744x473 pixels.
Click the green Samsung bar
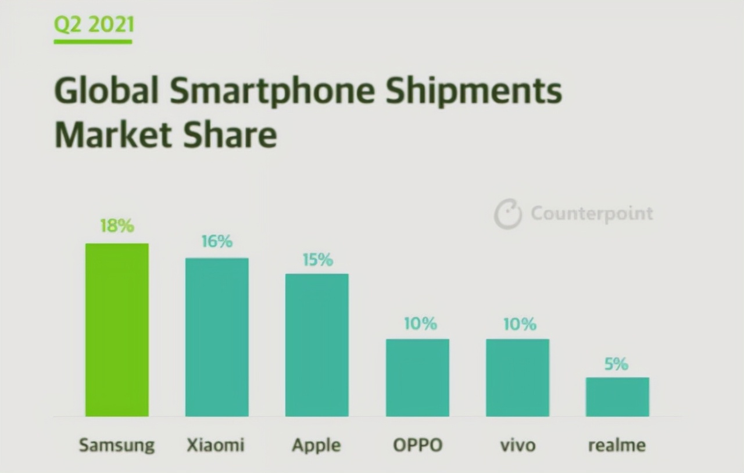point(117,329)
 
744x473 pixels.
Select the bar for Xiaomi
point(217,337)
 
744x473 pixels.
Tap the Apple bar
point(317,345)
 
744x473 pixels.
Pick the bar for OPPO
point(417,377)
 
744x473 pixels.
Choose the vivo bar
point(517,377)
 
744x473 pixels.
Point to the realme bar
point(617,396)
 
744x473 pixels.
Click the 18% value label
point(117,226)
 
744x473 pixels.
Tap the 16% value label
point(217,241)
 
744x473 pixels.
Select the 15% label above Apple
point(317,260)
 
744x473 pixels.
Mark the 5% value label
point(616,364)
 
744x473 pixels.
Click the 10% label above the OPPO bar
point(420,324)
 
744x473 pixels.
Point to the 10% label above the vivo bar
point(520,324)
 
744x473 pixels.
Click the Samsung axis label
point(117,446)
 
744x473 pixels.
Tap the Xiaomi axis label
point(216,445)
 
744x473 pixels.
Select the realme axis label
point(617,446)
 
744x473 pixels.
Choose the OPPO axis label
point(417,446)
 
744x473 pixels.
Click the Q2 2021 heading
point(93,24)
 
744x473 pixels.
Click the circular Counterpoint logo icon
point(507,214)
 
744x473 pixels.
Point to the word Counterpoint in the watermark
point(592,213)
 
